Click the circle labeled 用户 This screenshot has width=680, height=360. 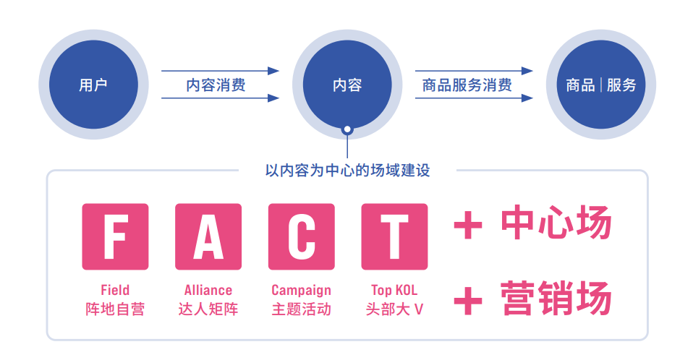[93, 85]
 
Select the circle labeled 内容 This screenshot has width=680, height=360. [347, 85]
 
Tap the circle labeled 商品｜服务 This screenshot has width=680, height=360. [601, 85]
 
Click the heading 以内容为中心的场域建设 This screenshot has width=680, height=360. [347, 171]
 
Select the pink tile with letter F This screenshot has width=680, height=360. [116, 236]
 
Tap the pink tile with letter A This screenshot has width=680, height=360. [208, 236]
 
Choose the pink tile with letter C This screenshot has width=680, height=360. [302, 236]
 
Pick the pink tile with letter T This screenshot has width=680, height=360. [394, 236]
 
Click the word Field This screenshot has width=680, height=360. [115, 291]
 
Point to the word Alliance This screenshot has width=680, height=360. [208, 291]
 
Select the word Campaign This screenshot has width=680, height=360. [302, 291]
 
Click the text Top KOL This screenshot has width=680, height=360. [394, 291]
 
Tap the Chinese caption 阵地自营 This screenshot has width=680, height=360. [115, 309]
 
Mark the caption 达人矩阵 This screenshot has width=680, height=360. [208, 309]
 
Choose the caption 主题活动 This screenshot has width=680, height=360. [302, 309]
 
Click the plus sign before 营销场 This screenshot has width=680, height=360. [468, 300]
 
